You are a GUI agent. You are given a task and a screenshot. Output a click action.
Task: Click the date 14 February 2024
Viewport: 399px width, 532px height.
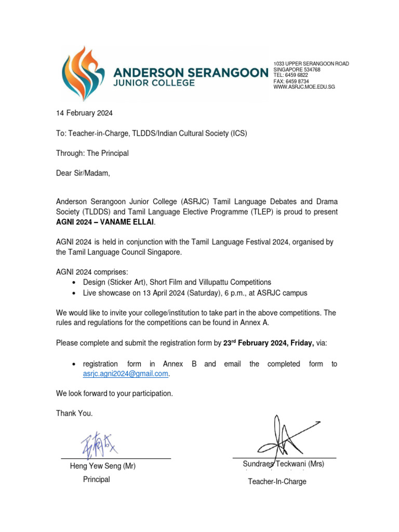(84, 113)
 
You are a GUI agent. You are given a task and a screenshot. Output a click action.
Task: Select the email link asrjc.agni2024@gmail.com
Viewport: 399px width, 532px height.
(126, 374)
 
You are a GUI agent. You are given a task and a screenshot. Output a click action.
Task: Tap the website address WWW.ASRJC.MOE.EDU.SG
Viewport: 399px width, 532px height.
(304, 87)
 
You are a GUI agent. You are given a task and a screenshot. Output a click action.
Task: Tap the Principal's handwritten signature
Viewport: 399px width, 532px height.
(99, 446)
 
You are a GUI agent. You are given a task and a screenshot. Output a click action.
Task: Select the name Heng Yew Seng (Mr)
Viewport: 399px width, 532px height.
(103, 466)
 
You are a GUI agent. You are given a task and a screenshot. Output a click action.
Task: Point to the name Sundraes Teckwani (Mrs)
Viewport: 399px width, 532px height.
(283, 464)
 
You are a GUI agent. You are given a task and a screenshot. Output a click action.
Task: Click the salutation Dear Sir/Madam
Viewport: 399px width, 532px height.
(83, 173)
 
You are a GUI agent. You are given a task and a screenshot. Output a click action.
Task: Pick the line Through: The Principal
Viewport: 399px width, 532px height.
(92, 153)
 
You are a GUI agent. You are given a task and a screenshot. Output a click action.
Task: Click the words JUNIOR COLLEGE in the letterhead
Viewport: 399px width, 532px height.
(154, 83)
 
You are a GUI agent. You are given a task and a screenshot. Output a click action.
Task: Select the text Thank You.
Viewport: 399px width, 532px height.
(75, 414)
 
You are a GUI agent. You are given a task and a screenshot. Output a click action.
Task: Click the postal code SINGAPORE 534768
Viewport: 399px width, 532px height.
(297, 70)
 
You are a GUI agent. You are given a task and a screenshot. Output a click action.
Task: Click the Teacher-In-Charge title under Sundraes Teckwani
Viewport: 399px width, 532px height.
(277, 482)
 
